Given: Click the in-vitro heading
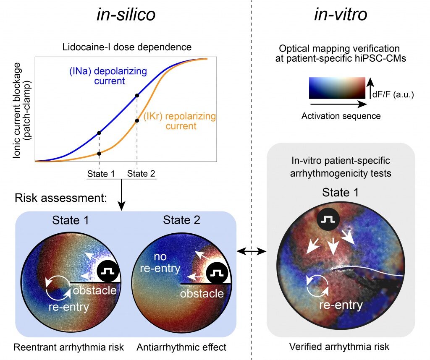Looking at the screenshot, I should click(x=340, y=15).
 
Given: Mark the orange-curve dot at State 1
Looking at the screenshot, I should click(x=99, y=154).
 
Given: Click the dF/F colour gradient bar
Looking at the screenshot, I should click(x=337, y=88).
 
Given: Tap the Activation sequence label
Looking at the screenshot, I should click(x=341, y=116).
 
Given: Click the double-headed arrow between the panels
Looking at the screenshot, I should click(x=252, y=251).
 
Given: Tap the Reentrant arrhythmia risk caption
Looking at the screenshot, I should click(x=68, y=347).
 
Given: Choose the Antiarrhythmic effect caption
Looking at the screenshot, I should click(x=181, y=347).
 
